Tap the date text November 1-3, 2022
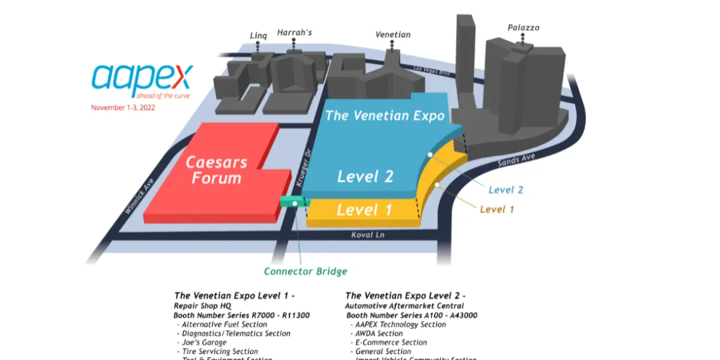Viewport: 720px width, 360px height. [123, 108]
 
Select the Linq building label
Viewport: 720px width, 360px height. [258, 36]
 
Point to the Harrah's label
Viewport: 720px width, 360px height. [295, 32]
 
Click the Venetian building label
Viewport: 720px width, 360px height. [393, 35]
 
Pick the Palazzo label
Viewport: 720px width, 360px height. [523, 28]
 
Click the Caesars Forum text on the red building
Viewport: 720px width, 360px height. [216, 170]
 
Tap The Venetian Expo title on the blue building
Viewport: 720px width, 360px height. [385, 115]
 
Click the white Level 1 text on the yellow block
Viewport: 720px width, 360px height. [364, 210]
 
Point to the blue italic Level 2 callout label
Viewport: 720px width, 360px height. [505, 190]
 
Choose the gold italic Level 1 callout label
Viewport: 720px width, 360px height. [497, 209]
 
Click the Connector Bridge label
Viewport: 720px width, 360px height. [305, 271]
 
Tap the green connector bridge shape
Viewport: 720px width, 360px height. [290, 201]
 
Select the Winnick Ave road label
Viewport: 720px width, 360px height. [139, 195]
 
